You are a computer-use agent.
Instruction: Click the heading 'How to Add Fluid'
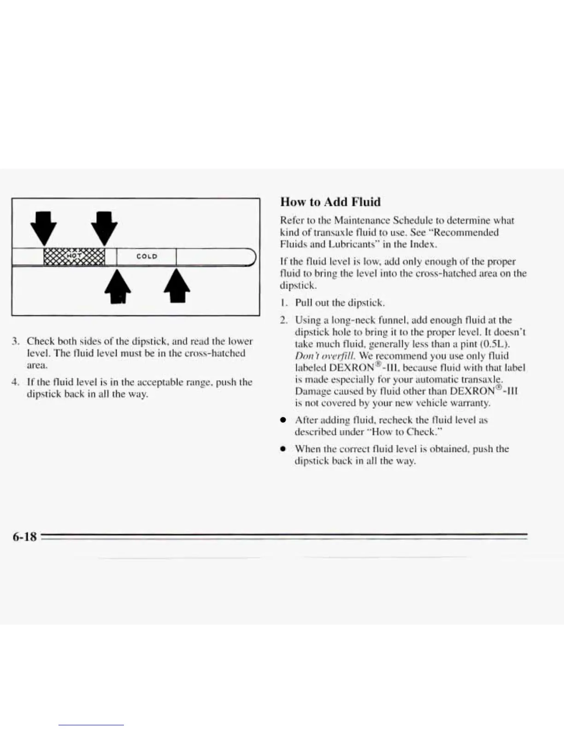[x=330, y=202]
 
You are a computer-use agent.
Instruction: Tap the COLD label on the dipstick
[x=147, y=256]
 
